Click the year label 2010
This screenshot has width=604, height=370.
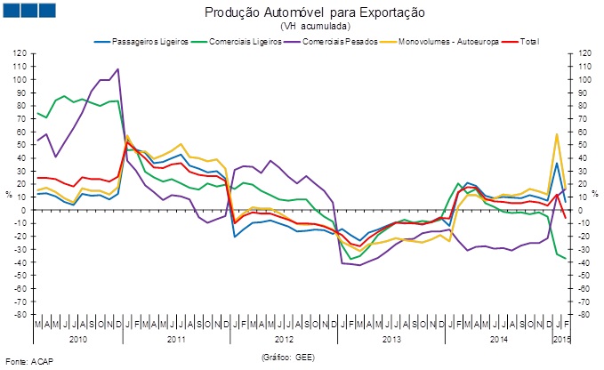pyautogui.click(x=77, y=340)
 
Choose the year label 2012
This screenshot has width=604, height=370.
pyautogui.click(x=284, y=340)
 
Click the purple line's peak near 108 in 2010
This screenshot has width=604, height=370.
pyautogui.click(x=118, y=69)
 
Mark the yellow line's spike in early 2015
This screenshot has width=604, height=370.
pyautogui.click(x=557, y=134)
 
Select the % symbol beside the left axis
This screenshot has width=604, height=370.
pyautogui.click(x=8, y=194)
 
